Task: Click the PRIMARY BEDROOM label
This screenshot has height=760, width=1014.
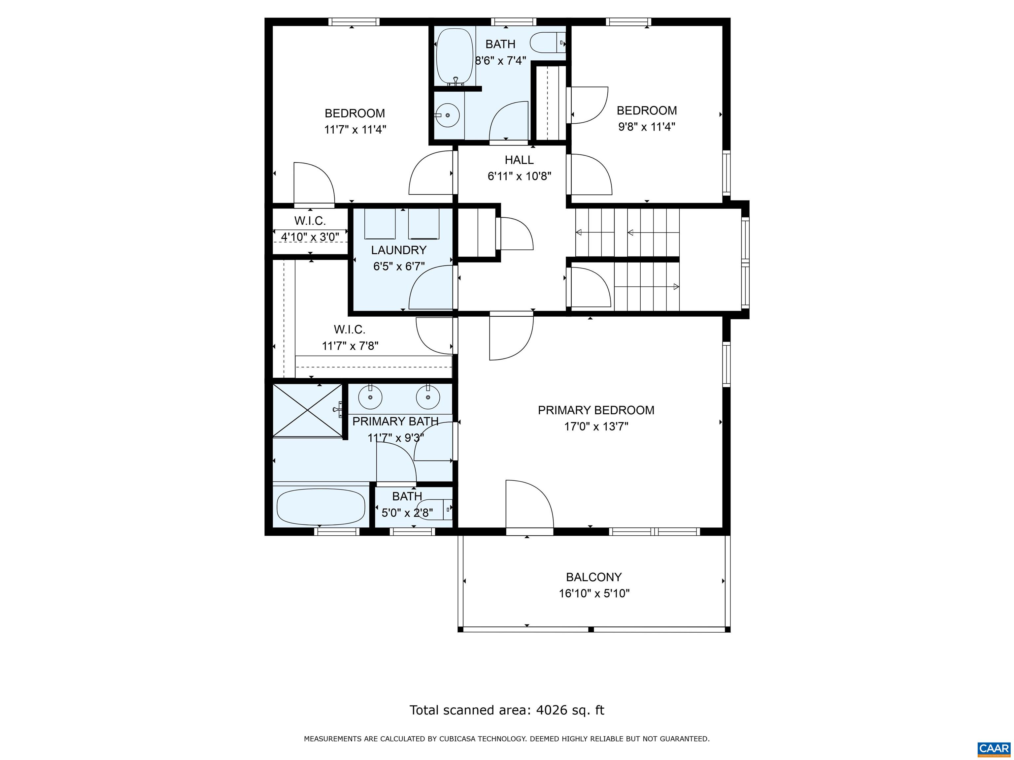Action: click(595, 410)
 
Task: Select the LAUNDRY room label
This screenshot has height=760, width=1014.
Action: click(398, 250)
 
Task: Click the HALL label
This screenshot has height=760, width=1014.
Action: click(519, 160)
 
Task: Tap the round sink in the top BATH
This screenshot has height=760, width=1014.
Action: click(447, 115)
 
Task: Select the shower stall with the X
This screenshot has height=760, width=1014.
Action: click(307, 410)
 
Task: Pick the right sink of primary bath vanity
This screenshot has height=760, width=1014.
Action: click(428, 397)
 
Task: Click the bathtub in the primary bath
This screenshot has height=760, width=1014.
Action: click(321, 507)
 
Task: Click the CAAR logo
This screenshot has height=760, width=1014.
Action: click(994, 748)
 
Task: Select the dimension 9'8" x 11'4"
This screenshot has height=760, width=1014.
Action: click(646, 127)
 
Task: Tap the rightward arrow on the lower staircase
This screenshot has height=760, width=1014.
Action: click(675, 287)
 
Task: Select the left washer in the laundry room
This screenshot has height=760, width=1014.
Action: click(380, 224)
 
